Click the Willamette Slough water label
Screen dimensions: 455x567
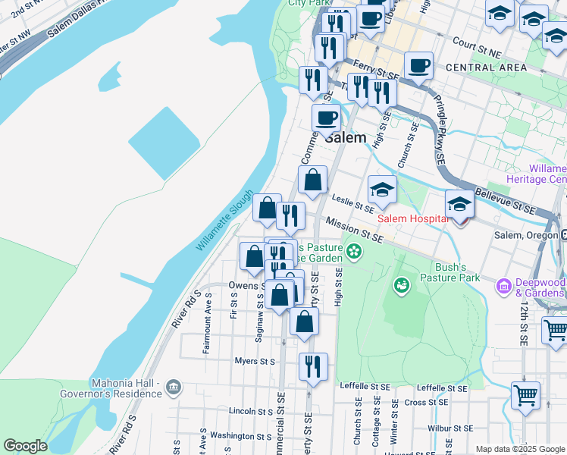[x=225, y=219]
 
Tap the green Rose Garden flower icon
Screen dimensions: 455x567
[x=353, y=250]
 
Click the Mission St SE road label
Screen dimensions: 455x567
[x=355, y=231]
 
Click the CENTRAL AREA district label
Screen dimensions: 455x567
[x=476, y=67]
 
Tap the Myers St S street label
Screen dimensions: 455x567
[x=255, y=362]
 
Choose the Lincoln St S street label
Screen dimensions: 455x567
[x=250, y=411]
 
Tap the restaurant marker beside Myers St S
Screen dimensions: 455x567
[x=313, y=367]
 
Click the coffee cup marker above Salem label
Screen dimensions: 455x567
[x=327, y=118]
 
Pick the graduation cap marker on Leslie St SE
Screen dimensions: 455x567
[x=383, y=190]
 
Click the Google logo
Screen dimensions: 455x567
[x=25, y=446]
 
